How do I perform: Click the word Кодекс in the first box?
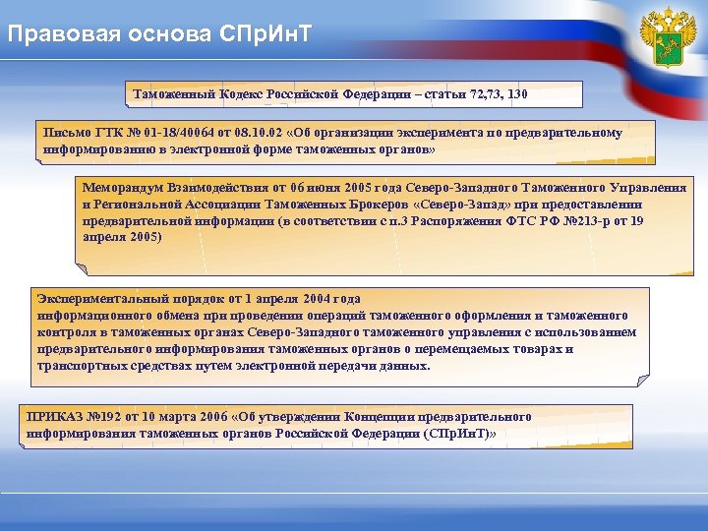(x=235, y=94)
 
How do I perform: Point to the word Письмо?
(x=65, y=132)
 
